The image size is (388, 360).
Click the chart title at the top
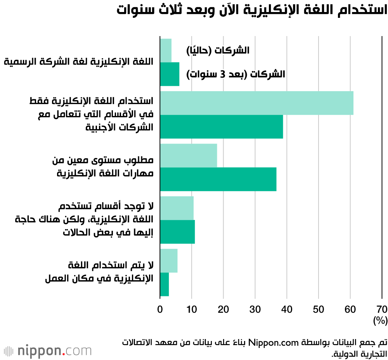pos(252,10)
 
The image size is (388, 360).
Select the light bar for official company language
pos(166,50)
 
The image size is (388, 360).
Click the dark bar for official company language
pos(170,74)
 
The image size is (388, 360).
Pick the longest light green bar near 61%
pos(256,103)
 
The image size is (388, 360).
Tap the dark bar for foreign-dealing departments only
pos(222,127)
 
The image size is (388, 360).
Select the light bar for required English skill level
pos(189,156)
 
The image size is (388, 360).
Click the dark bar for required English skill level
pos(218,179)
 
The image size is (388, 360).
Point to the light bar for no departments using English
pos(177,208)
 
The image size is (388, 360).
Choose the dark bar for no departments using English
pos(177,232)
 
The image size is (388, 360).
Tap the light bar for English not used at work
pos(169,261)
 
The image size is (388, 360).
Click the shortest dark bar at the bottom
pos(165,284)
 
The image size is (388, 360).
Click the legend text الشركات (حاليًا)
pos(218,50)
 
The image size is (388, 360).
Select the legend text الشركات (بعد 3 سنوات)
pos(236,74)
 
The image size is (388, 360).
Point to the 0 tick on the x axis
pos(160,310)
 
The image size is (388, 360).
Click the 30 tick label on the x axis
pos(255,310)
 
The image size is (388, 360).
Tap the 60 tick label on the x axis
pos(350,310)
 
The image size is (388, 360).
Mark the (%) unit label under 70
pos(380,321)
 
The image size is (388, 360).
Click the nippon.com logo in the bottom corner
pos(48,351)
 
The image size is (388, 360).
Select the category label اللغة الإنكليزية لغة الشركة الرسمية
pos(79,62)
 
